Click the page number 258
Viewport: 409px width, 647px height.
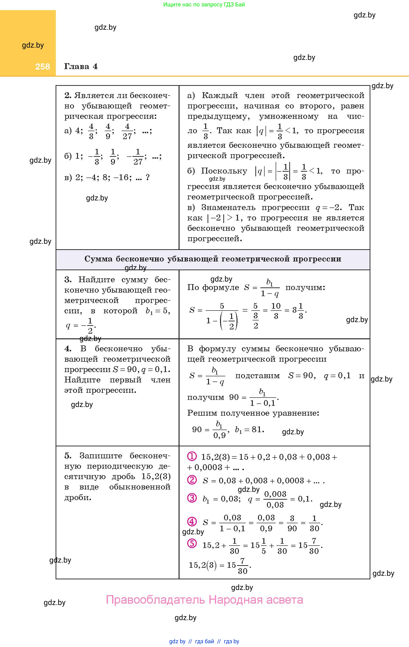[42, 67]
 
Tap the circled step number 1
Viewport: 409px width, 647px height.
[192, 456]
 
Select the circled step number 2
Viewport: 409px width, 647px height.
[192, 480]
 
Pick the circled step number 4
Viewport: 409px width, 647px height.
[192, 522]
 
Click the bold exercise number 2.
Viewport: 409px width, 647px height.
[67, 95]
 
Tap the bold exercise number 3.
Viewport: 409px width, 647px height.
[68, 280]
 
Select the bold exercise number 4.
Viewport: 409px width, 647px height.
[68, 349]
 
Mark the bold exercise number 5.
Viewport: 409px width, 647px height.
[68, 456]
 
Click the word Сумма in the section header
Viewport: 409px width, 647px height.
[98, 259]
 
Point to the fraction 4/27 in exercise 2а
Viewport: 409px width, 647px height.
[127, 131]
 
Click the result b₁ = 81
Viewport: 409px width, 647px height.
[249, 430]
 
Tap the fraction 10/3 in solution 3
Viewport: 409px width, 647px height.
[276, 311]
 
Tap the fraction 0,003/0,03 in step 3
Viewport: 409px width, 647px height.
[275, 499]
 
